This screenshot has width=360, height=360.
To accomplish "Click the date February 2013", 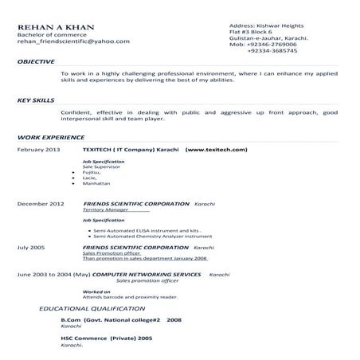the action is click(38, 149).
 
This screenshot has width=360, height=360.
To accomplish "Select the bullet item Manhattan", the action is click(96, 182).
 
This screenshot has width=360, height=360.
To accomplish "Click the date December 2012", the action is click(40, 205).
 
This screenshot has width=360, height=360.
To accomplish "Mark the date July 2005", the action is click(30, 248).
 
